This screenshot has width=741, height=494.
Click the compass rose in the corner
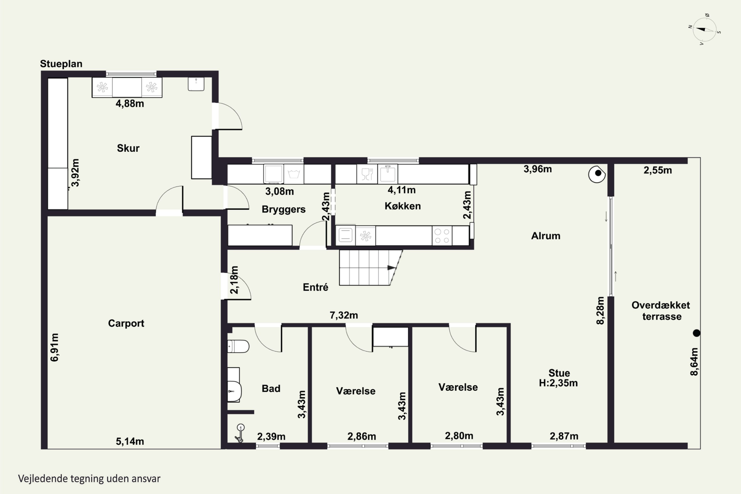click(705, 30)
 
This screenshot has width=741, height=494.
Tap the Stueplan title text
click(61, 64)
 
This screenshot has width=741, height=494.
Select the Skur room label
click(128, 148)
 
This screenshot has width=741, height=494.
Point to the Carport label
click(126, 323)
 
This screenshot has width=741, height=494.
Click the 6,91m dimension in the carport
click(55, 347)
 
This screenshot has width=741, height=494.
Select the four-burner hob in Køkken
click(442, 236)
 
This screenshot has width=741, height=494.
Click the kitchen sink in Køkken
click(388, 173)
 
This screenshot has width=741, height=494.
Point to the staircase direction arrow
click(391, 268)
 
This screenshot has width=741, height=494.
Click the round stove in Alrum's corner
click(597, 174)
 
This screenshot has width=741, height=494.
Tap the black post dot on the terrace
click(697, 333)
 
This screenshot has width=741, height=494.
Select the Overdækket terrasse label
click(661, 311)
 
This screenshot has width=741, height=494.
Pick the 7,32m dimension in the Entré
click(344, 315)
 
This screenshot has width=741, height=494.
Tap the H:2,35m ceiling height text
click(558, 383)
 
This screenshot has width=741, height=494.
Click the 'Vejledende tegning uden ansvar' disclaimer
click(89, 479)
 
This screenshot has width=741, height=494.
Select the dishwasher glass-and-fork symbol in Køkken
click(367, 174)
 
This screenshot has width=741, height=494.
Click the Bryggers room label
click(284, 209)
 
